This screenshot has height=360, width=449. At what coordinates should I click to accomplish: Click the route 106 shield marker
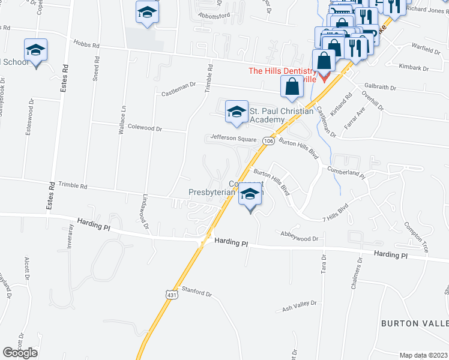[x=268, y=141]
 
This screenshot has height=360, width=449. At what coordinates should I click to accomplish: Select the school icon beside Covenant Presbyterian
[x=251, y=194]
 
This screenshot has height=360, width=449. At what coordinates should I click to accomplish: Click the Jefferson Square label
[x=233, y=137]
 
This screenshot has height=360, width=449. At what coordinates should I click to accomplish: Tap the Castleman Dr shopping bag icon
[x=291, y=86]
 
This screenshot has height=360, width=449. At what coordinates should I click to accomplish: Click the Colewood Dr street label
[x=145, y=128]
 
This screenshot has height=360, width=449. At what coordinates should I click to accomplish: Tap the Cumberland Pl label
[x=346, y=172]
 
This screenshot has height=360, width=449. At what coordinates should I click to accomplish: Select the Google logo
[x=20, y=353]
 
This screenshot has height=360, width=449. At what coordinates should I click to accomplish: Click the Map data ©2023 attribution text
[x=423, y=355]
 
